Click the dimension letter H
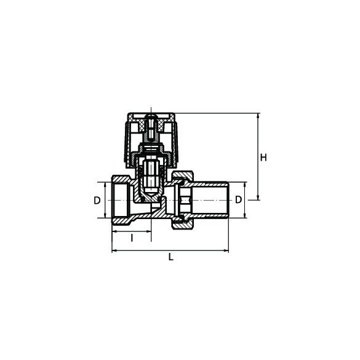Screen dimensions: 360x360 [x=263, y=158]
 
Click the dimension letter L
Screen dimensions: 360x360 [x=171, y=257]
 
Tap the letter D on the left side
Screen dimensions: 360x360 [x=97, y=201]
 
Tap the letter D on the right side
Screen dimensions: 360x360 [x=239, y=199]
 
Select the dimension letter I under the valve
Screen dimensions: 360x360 [x=132, y=238]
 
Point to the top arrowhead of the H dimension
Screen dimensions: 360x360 [x=258, y=116]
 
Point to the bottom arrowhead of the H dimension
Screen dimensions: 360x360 [x=258, y=198]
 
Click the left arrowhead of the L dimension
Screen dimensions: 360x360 [x=114, y=250]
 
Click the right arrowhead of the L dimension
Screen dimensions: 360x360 [x=226, y=250]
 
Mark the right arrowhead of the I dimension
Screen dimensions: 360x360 [x=149, y=231]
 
